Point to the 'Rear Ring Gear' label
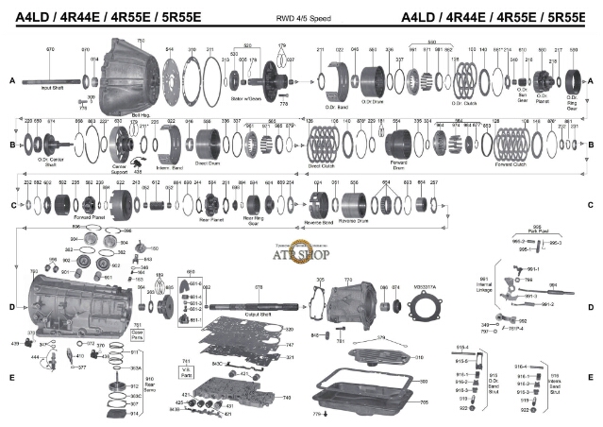coord(254,221)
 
